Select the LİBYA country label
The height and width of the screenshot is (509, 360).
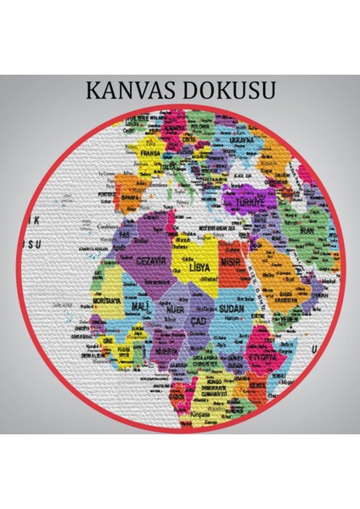(x=198, y=266)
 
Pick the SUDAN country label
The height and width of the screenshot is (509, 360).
(x=230, y=310)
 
